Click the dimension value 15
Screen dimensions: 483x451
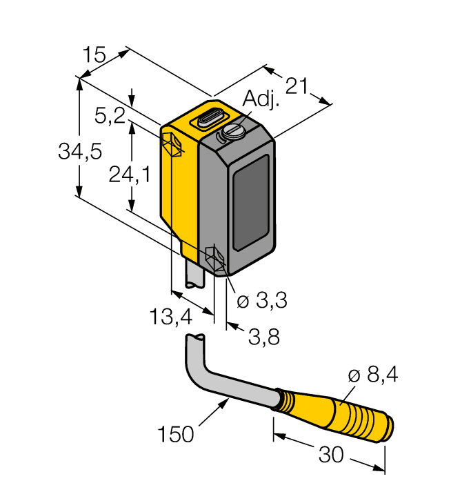(94, 55)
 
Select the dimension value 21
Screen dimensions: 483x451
(296, 86)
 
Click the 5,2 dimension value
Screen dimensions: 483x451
(109, 116)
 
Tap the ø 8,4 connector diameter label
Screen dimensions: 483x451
(373, 375)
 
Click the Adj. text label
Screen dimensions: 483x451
(262, 101)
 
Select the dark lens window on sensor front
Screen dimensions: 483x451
(252, 202)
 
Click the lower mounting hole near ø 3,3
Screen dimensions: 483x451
(214, 259)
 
